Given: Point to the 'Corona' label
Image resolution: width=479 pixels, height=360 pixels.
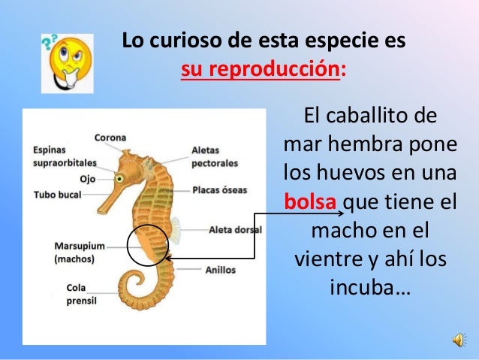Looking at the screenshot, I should point(110,138).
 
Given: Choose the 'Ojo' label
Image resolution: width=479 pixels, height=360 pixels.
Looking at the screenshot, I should point(87,179).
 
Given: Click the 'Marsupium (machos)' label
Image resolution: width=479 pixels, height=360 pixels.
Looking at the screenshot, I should point(79,252).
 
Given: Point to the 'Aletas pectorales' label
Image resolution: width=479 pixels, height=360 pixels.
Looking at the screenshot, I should point(215,156).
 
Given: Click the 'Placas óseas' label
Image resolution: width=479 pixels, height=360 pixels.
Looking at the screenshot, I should point(219,190).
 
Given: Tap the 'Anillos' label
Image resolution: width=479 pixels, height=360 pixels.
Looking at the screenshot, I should point(220,269).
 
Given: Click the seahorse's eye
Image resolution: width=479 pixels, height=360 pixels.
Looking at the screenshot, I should point(119,178).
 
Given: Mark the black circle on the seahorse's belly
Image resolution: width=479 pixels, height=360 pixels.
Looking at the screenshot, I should point(148,246).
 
